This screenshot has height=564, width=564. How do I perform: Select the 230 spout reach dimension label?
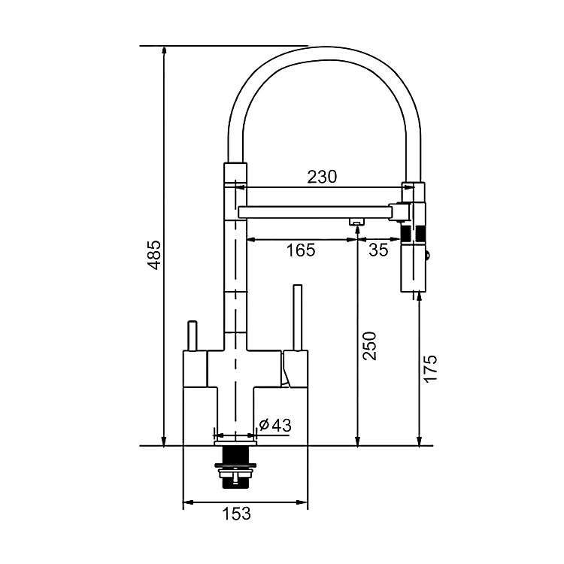pos(322,177)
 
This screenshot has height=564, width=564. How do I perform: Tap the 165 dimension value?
pos(301,250)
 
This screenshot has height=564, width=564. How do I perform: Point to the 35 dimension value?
pos(380,250)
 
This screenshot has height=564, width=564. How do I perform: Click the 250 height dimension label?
pos(369,346)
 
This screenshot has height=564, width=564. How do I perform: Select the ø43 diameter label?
pos(274,426)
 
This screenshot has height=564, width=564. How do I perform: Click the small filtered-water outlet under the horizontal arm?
pos(356,220)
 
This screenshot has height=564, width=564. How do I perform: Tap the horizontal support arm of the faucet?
pos(316,213)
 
